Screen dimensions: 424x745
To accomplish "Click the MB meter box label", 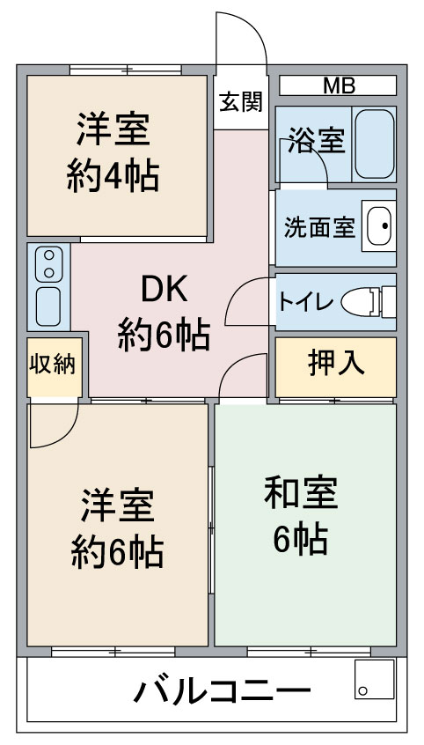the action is coord(339,86).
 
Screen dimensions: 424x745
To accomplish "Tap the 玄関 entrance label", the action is coord(241,101).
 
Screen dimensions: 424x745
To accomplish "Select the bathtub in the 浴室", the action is coord(375,144).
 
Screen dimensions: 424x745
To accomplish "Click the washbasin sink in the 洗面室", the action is coord(379,225).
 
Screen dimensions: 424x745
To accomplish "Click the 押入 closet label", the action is coord(336,363).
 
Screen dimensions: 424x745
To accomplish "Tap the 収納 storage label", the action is coord(53,365).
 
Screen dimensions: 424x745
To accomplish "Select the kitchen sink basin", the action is coord(48,306).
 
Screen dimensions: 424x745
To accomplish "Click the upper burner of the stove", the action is coord(49,255).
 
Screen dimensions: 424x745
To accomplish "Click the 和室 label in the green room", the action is coord(301,491).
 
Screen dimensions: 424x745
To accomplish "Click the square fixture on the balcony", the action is coord(374,680).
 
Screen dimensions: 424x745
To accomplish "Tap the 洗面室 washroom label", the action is coord(319,227).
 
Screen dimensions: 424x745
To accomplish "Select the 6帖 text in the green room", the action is coord(300,538).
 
